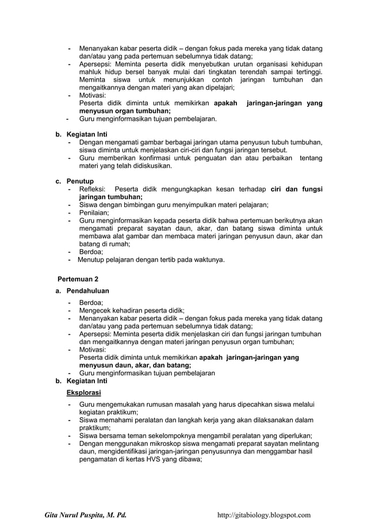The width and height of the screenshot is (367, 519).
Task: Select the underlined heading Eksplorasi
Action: (x=84, y=392)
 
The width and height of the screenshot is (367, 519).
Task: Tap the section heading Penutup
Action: (x=81, y=181)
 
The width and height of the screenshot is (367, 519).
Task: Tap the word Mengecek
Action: (x=96, y=310)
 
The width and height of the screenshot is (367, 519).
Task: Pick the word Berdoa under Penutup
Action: (x=91, y=251)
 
